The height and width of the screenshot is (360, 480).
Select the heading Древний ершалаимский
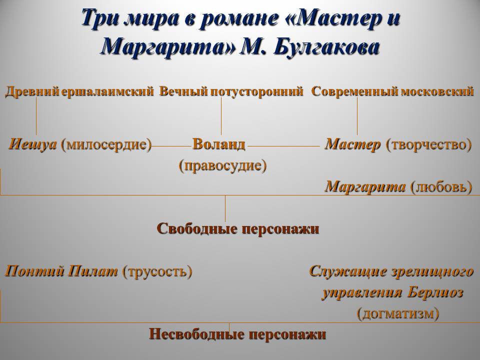pyautogui.click(x=79, y=91)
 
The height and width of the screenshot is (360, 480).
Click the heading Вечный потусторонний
pyautogui.click(x=231, y=91)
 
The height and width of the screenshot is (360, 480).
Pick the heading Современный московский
pyautogui.click(x=393, y=91)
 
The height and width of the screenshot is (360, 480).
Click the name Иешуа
pyautogui.click(x=33, y=144)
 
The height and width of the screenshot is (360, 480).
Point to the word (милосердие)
pyautogui.click(x=106, y=144)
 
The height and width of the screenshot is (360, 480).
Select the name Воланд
pyautogui.click(x=219, y=144)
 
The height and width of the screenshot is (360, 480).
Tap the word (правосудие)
pyautogui.click(x=223, y=166)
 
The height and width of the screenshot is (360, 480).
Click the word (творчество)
pyautogui.click(x=429, y=144)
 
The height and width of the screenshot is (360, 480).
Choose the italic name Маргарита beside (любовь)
pyautogui.click(x=365, y=186)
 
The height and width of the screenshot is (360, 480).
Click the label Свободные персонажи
pyautogui.click(x=238, y=229)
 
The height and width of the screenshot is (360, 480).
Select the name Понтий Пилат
pyautogui.click(x=61, y=271)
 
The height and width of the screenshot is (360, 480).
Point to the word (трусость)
pyautogui.click(x=157, y=271)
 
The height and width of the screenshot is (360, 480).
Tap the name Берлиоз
pyautogui.click(x=435, y=292)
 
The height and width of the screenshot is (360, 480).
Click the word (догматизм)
pyautogui.click(x=398, y=313)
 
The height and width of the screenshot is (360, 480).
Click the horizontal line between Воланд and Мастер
pyautogui.click(x=284, y=146)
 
